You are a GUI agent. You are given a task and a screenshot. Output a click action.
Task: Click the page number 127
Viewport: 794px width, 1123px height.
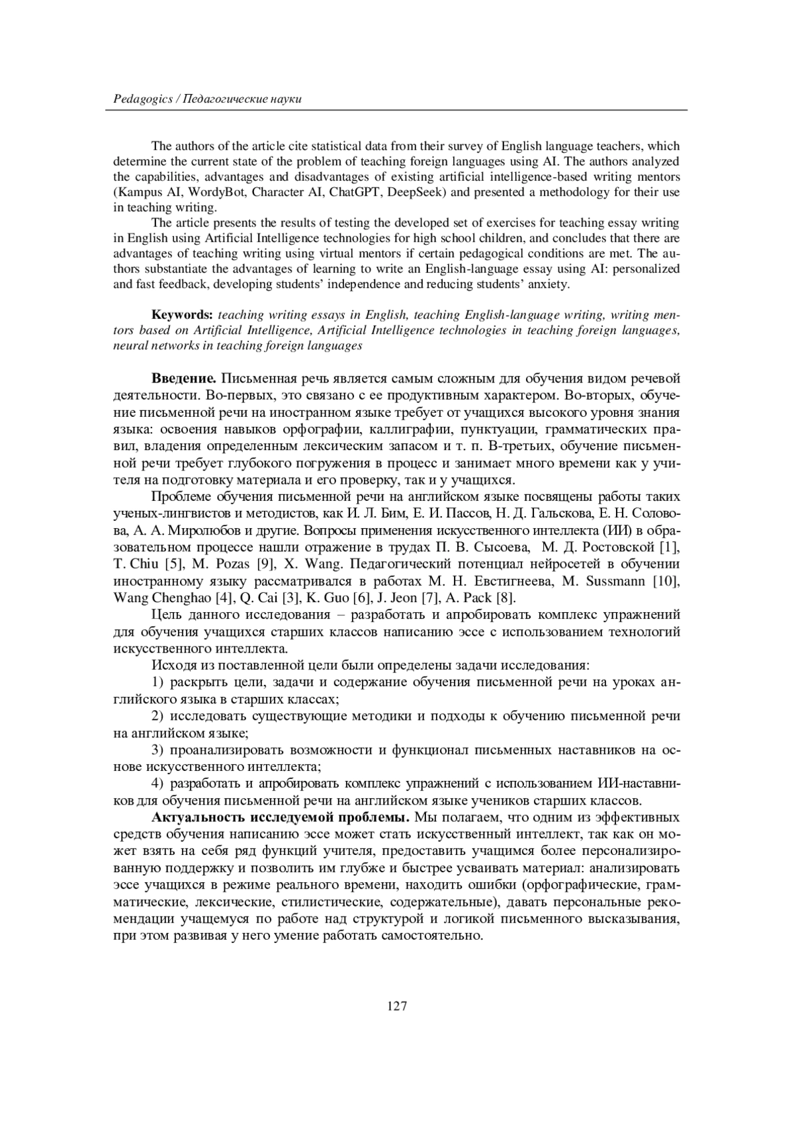point(397,1007)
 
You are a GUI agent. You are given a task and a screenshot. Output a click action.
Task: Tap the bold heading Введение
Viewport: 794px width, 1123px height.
point(184,379)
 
